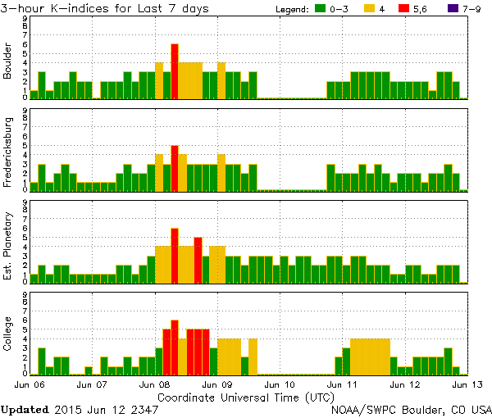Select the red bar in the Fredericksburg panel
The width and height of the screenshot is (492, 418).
click(175, 168)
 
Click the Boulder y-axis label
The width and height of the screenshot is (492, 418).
click(8, 62)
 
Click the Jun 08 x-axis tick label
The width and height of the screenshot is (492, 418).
click(155, 384)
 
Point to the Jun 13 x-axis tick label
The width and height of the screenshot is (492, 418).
click(465, 384)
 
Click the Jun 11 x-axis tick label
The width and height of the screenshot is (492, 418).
click(341, 384)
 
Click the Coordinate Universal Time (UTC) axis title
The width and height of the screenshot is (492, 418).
click(246, 396)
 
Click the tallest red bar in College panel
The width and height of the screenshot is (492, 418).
click(175, 348)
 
